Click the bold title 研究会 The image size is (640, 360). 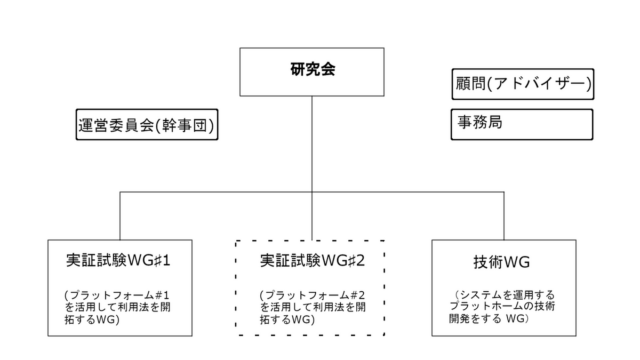(313, 69)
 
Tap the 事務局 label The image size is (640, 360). (479, 122)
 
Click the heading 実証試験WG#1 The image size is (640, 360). (118, 261)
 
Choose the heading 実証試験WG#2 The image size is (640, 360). (313, 261)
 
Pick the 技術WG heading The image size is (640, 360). (502, 262)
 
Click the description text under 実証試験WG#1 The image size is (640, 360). (117, 307)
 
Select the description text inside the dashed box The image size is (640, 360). (313, 307)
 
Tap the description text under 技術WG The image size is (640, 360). (502, 307)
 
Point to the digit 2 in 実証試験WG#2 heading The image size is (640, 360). (361, 261)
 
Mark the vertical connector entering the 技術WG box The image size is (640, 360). (503, 216)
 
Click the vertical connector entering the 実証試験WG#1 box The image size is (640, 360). (119, 216)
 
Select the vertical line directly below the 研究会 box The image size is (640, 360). (311, 168)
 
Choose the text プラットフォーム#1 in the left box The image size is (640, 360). (119, 295)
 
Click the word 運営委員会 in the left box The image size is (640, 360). (116, 125)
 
